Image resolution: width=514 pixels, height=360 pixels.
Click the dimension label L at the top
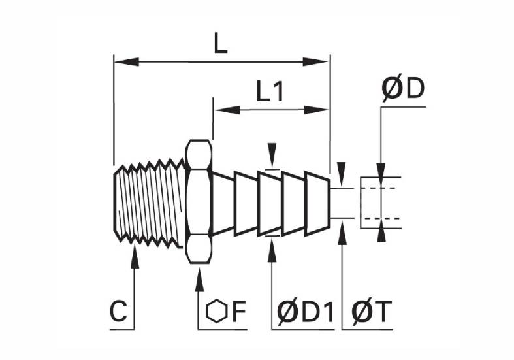(220, 44)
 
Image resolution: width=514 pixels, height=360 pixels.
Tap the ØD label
(403, 88)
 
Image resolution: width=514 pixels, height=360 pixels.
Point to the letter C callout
(118, 311)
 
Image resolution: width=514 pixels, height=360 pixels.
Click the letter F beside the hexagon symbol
(239, 311)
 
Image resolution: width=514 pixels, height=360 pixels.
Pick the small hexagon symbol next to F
(217, 311)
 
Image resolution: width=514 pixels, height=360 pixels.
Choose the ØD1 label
(305, 312)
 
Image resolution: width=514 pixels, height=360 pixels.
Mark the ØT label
(372, 312)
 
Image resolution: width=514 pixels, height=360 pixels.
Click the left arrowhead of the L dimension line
(127, 61)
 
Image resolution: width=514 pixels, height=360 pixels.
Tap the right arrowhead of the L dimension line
(315, 61)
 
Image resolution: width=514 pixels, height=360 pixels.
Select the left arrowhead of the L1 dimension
(227, 110)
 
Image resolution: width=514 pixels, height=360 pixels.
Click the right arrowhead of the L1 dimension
(316, 110)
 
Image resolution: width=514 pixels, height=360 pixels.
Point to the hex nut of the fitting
(199, 202)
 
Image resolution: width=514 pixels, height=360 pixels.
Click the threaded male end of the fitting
(148, 203)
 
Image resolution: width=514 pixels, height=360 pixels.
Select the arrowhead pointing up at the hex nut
(199, 280)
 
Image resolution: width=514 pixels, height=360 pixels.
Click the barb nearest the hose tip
(317, 203)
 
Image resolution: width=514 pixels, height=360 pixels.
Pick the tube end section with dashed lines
(381, 203)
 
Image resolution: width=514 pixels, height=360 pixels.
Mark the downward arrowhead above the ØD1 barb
(272, 155)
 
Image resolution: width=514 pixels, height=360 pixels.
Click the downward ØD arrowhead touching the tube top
(381, 171)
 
